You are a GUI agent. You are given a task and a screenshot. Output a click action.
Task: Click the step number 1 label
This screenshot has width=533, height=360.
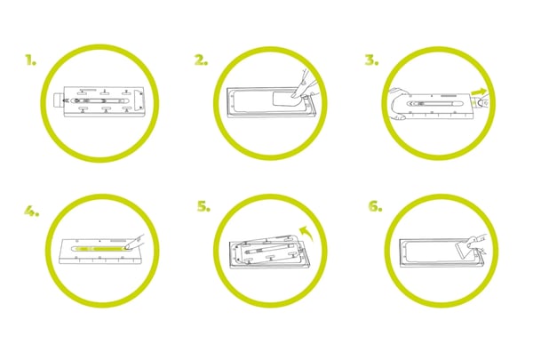click(x=30, y=60)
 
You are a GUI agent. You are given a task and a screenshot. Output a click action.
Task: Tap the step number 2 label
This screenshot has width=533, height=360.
click(x=202, y=60)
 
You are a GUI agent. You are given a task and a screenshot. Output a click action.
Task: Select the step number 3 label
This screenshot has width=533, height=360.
click(x=372, y=60)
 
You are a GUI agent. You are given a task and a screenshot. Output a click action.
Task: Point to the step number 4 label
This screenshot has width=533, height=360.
click(x=32, y=212)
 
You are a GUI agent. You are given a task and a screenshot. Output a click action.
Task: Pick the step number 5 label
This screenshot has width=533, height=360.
click(x=203, y=206)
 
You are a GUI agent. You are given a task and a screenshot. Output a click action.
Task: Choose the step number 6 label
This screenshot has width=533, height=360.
click(x=375, y=206)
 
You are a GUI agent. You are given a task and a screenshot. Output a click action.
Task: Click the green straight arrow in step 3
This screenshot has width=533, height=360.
click(x=479, y=91)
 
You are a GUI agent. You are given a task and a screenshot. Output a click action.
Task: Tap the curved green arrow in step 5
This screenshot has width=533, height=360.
click(x=306, y=233)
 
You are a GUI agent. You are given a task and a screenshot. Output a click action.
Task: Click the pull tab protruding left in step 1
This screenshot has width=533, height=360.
click(x=59, y=100)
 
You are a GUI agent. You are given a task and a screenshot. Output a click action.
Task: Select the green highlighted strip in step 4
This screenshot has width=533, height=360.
click(x=101, y=248)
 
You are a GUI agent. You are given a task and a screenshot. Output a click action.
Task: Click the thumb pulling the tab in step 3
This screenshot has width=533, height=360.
click(x=481, y=101)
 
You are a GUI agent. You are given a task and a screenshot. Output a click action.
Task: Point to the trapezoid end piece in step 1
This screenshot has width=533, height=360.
click(x=139, y=100)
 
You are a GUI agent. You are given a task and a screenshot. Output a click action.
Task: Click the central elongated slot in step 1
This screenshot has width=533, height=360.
click(x=99, y=100)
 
